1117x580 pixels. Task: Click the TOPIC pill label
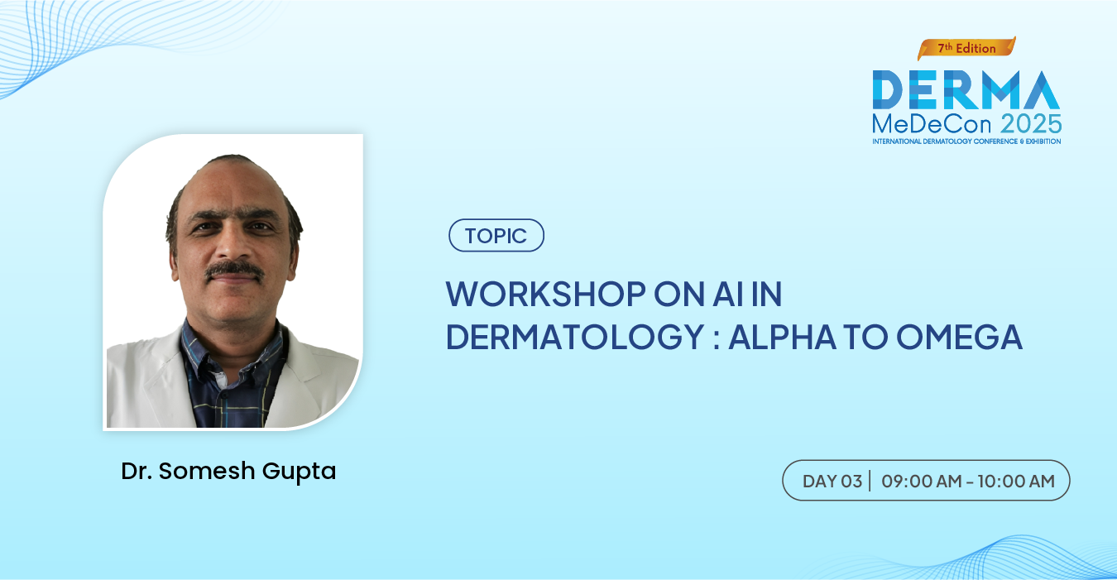[496, 235]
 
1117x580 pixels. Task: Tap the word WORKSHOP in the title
[545, 294]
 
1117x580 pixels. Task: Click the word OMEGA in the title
[960, 337]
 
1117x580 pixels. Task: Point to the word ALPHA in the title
[782, 337]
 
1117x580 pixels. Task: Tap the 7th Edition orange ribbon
[966, 48]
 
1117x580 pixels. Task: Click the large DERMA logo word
[966, 89]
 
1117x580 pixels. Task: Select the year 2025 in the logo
[1031, 123]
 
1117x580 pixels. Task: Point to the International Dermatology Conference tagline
[966, 141]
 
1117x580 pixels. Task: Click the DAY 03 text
[832, 482]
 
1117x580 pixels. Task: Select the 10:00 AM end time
[1016, 482]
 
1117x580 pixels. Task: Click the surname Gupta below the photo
[300, 472]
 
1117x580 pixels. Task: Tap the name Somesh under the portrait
[207, 471]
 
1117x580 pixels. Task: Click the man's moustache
[235, 270]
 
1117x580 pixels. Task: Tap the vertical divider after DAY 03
[870, 481]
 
